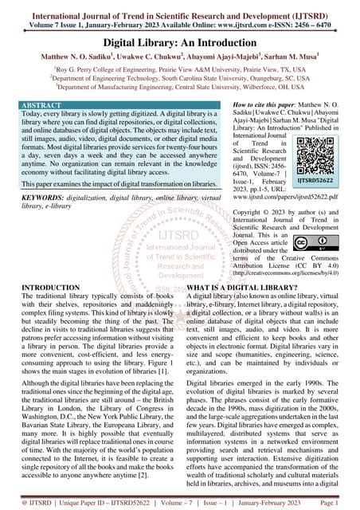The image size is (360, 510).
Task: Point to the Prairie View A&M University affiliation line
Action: (x=180, y=70)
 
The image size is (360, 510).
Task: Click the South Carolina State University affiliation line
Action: (x=180, y=80)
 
